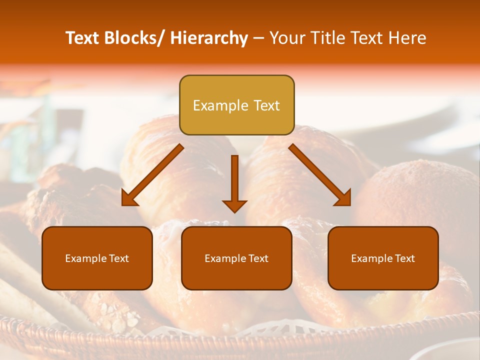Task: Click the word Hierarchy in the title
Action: tap(209, 38)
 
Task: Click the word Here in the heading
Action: tap(408, 38)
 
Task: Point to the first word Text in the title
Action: tap(83, 38)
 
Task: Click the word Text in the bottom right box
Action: tap(404, 258)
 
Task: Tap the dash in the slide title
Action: tap(258, 38)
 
